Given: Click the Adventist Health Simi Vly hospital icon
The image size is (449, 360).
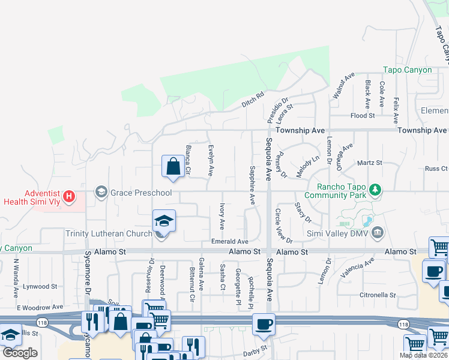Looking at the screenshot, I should [70, 196].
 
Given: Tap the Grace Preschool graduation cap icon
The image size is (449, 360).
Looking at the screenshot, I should [101, 193].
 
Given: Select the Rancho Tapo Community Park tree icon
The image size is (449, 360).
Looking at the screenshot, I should [376, 190].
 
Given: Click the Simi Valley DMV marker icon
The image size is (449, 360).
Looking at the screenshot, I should [378, 232].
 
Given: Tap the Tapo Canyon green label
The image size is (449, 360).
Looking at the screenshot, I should [408, 70].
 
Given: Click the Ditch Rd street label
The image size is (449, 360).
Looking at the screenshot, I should [253, 100].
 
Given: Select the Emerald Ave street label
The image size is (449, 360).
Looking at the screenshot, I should [229, 241].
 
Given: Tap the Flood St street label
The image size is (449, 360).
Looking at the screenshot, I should [363, 115].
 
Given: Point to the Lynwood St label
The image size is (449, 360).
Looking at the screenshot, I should [40, 287].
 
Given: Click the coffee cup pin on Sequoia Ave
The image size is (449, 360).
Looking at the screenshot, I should [264, 325].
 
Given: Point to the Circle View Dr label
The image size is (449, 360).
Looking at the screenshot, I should [283, 226].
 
